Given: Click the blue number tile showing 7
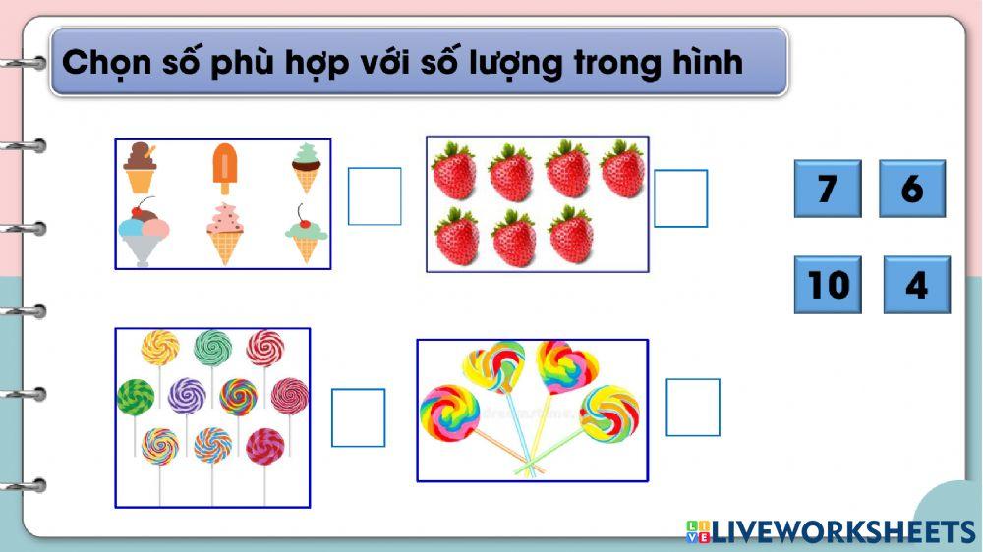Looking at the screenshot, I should click(x=827, y=189).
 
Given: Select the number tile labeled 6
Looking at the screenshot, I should click(x=911, y=189).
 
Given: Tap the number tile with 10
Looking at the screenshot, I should click(x=827, y=285).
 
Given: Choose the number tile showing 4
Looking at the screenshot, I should click(x=916, y=285).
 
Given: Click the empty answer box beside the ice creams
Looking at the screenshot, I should click(x=375, y=196).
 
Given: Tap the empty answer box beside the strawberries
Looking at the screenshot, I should click(x=680, y=198).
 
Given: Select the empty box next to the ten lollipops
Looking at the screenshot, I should click(x=358, y=417).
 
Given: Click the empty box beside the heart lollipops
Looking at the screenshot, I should click(x=692, y=408).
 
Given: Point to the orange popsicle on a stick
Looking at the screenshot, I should click(x=225, y=168).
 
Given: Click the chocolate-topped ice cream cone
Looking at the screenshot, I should click(x=140, y=168).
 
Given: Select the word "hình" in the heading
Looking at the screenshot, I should click(x=707, y=63).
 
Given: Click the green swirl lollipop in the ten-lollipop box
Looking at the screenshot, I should click(x=135, y=396).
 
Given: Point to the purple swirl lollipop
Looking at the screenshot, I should click(x=186, y=396).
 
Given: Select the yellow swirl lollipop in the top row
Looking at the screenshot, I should click(x=160, y=347).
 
